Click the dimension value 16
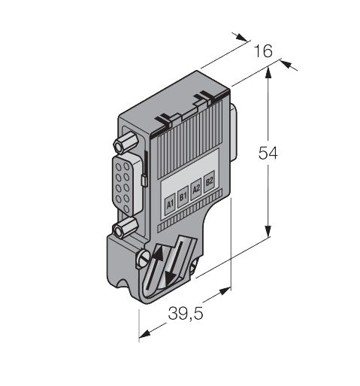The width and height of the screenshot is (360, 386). click(263, 52)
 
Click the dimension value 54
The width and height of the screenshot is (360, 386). click(268, 153)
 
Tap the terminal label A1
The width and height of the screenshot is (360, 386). click(170, 202)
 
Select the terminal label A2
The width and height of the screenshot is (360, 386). click(196, 189)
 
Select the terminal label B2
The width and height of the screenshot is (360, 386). click(210, 181)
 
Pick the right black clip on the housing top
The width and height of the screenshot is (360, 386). click(203, 96)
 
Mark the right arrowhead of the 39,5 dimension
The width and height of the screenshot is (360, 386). click(230, 290)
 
